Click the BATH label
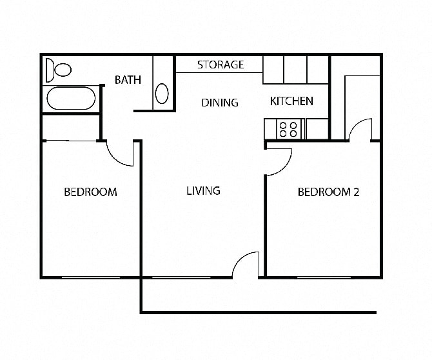point(128,80)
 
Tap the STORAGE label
point(220,65)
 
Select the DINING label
point(219,102)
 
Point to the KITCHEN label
point(291,101)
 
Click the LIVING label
point(203,190)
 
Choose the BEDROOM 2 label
point(328,192)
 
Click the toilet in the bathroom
point(59,68)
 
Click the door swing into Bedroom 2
point(279,161)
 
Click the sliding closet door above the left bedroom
point(70,140)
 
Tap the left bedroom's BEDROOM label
point(90,192)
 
